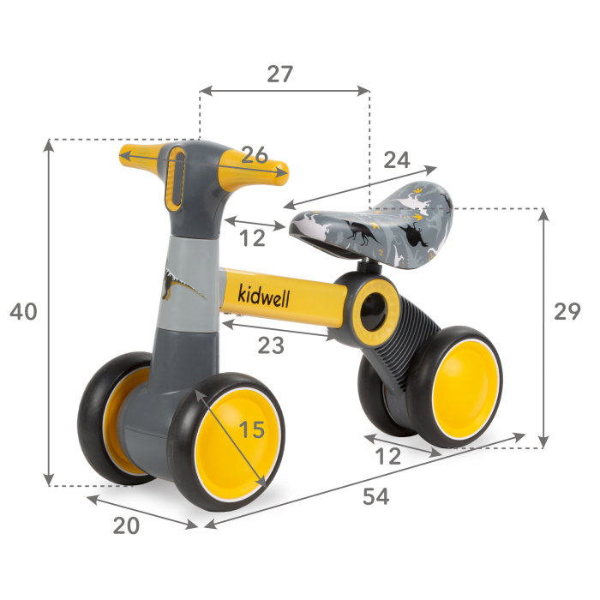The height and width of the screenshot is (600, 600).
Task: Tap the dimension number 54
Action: (x=375, y=496)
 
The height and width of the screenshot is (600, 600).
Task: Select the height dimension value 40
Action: (x=23, y=313)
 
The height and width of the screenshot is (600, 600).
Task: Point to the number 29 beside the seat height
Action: (x=567, y=312)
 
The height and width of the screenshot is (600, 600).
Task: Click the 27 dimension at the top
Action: (x=279, y=75)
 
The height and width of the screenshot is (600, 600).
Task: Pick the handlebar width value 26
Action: (x=254, y=155)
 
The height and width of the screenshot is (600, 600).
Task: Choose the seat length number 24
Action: (x=396, y=159)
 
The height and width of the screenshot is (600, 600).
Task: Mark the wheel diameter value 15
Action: (x=251, y=430)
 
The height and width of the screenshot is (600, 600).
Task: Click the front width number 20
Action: (x=126, y=526)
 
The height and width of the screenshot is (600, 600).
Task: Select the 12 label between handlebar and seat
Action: (x=252, y=239)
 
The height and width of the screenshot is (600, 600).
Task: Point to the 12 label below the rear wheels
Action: (x=388, y=457)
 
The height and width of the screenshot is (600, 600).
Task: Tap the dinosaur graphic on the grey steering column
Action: (x=181, y=283)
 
